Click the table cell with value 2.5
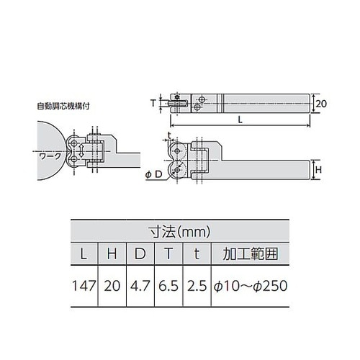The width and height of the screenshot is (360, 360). (194, 286)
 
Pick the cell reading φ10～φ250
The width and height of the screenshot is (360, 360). (248, 286)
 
